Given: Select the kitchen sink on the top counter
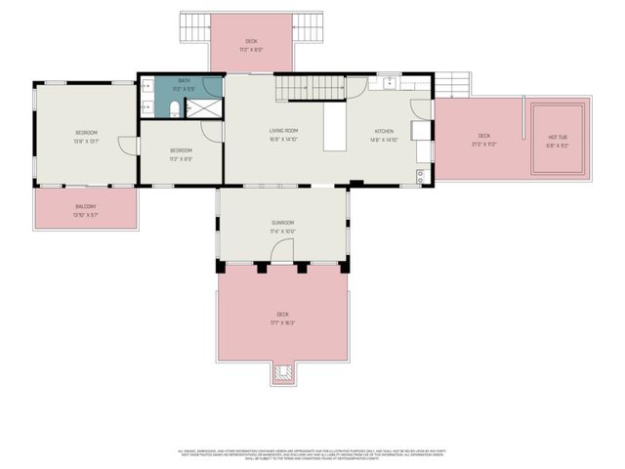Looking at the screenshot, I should (x=389, y=82).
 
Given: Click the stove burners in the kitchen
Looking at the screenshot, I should (x=422, y=176).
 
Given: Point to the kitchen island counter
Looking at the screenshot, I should (x=336, y=129).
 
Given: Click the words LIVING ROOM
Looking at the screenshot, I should (x=283, y=130).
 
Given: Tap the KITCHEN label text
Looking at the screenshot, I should (x=385, y=130).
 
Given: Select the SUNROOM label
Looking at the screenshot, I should (x=282, y=223).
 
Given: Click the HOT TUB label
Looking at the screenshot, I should (x=558, y=137).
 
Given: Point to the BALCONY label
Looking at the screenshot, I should (x=86, y=206).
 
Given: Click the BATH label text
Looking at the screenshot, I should (x=184, y=80).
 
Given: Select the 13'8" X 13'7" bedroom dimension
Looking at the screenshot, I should (x=86, y=141).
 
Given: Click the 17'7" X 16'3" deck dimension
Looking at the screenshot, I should (x=282, y=322).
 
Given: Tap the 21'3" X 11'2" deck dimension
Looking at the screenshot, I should (x=484, y=144).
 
